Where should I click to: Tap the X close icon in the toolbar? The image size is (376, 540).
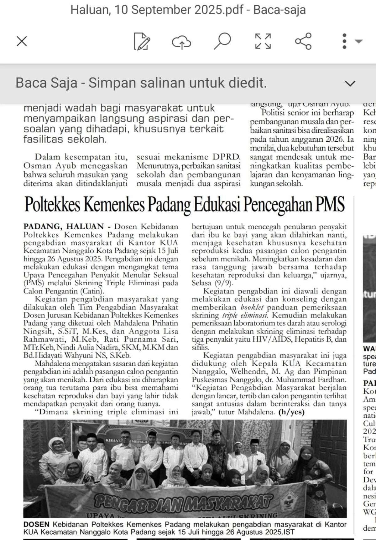point(22,41)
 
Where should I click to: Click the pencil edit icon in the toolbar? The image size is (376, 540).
point(142,41)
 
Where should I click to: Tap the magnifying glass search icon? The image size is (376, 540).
point(222,41)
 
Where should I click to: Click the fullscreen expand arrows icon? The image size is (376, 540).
point(263,41)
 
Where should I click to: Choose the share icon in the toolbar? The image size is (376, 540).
point(303,41)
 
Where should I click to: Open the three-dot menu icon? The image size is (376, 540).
point(345,41)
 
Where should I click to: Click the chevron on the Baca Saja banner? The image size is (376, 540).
point(350,84)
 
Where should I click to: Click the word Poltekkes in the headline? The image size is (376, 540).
point(53,204)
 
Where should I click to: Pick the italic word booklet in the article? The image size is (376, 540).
point(252,307)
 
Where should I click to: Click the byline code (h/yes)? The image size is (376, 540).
point(292,412)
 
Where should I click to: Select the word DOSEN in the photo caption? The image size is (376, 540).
point(36,524)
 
